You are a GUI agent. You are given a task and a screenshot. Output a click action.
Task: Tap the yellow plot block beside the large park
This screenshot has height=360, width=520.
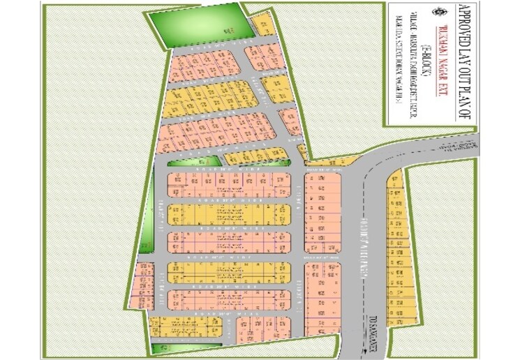pyautogui.click(x=263, y=25)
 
